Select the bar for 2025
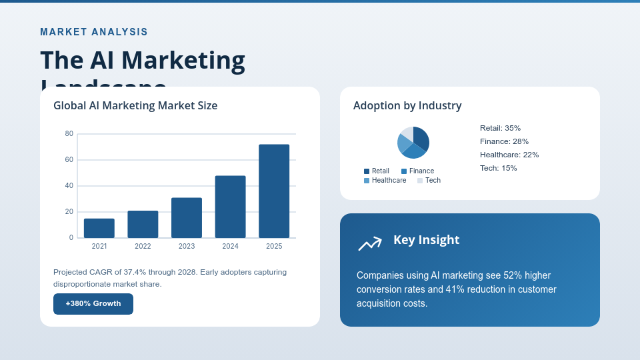point(274,191)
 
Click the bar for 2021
point(99,228)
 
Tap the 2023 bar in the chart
point(187,217)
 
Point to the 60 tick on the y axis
point(69,160)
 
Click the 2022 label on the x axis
point(143,246)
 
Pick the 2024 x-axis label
point(230,246)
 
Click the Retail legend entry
point(377,171)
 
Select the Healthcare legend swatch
point(367,181)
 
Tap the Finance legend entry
point(417,171)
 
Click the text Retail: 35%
point(500,128)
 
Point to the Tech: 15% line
point(498,168)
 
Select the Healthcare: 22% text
point(509,155)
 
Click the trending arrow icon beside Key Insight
point(370,243)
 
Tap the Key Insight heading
point(426,240)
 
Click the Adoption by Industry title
point(407,105)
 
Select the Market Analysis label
point(94,32)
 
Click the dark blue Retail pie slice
point(421,137)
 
